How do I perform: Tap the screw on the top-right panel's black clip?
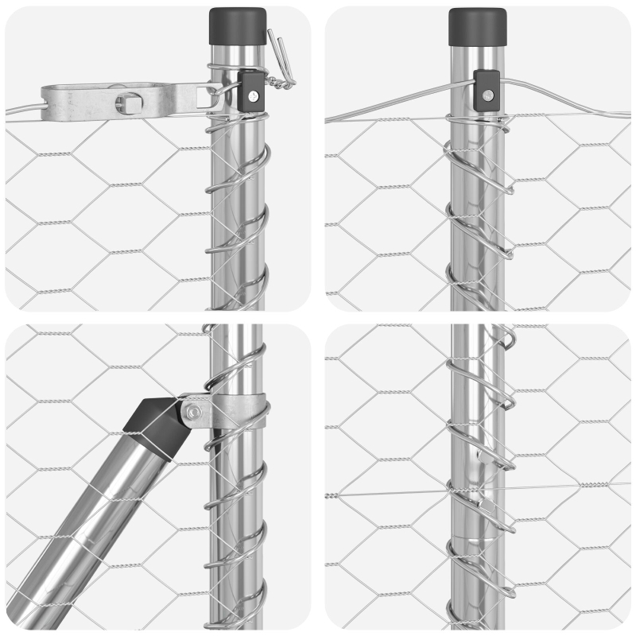[487, 95]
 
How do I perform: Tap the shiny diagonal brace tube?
[87, 525]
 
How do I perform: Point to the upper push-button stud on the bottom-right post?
[479, 456]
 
